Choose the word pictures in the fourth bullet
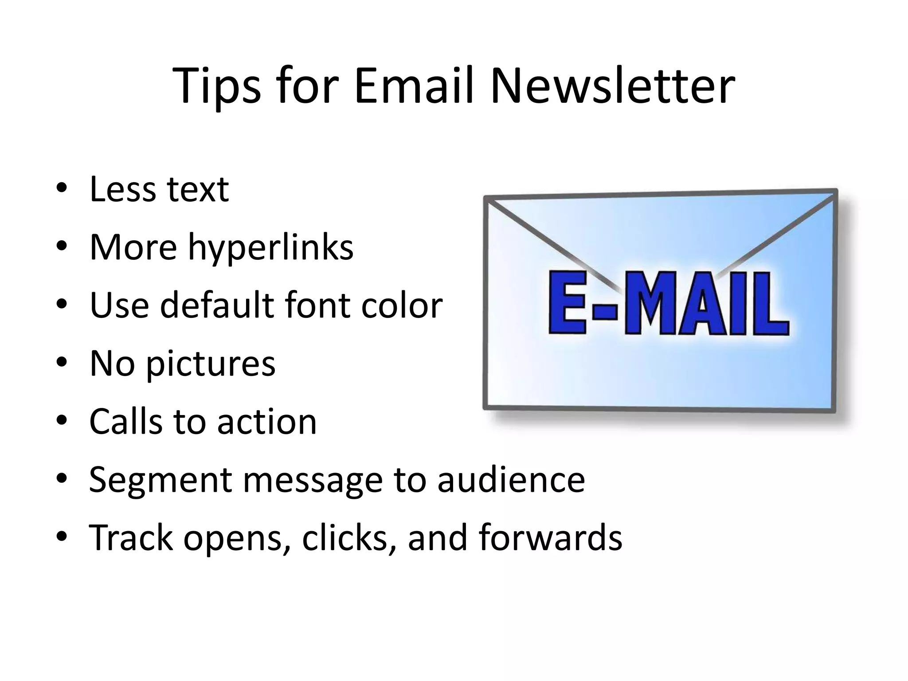tap(211, 364)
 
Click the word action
tap(267, 421)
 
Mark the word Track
tap(131, 537)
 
